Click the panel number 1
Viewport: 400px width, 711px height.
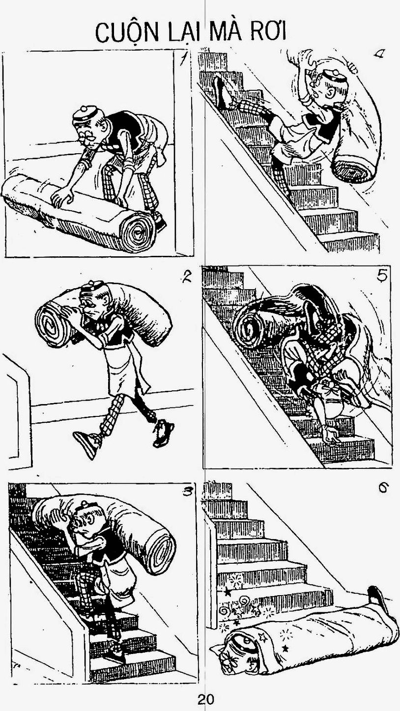point(182,58)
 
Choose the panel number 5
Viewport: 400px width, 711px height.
point(382,276)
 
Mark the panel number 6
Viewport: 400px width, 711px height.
point(383,489)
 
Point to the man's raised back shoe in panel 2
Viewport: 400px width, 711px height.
point(163,432)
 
